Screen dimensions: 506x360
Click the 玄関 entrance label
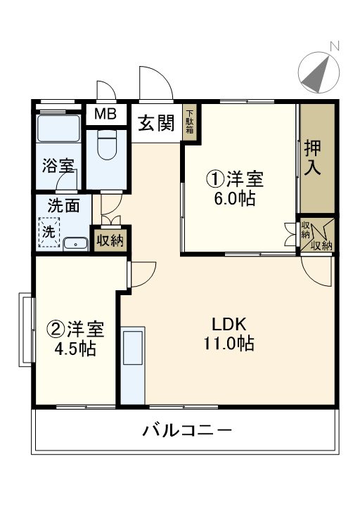[x=155, y=124]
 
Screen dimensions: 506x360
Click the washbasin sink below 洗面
[x=75, y=245]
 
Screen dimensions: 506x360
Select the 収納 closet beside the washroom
[x=110, y=240]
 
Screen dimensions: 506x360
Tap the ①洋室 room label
[x=234, y=180]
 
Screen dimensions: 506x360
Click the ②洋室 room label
[x=75, y=329]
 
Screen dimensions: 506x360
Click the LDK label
[x=229, y=325]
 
